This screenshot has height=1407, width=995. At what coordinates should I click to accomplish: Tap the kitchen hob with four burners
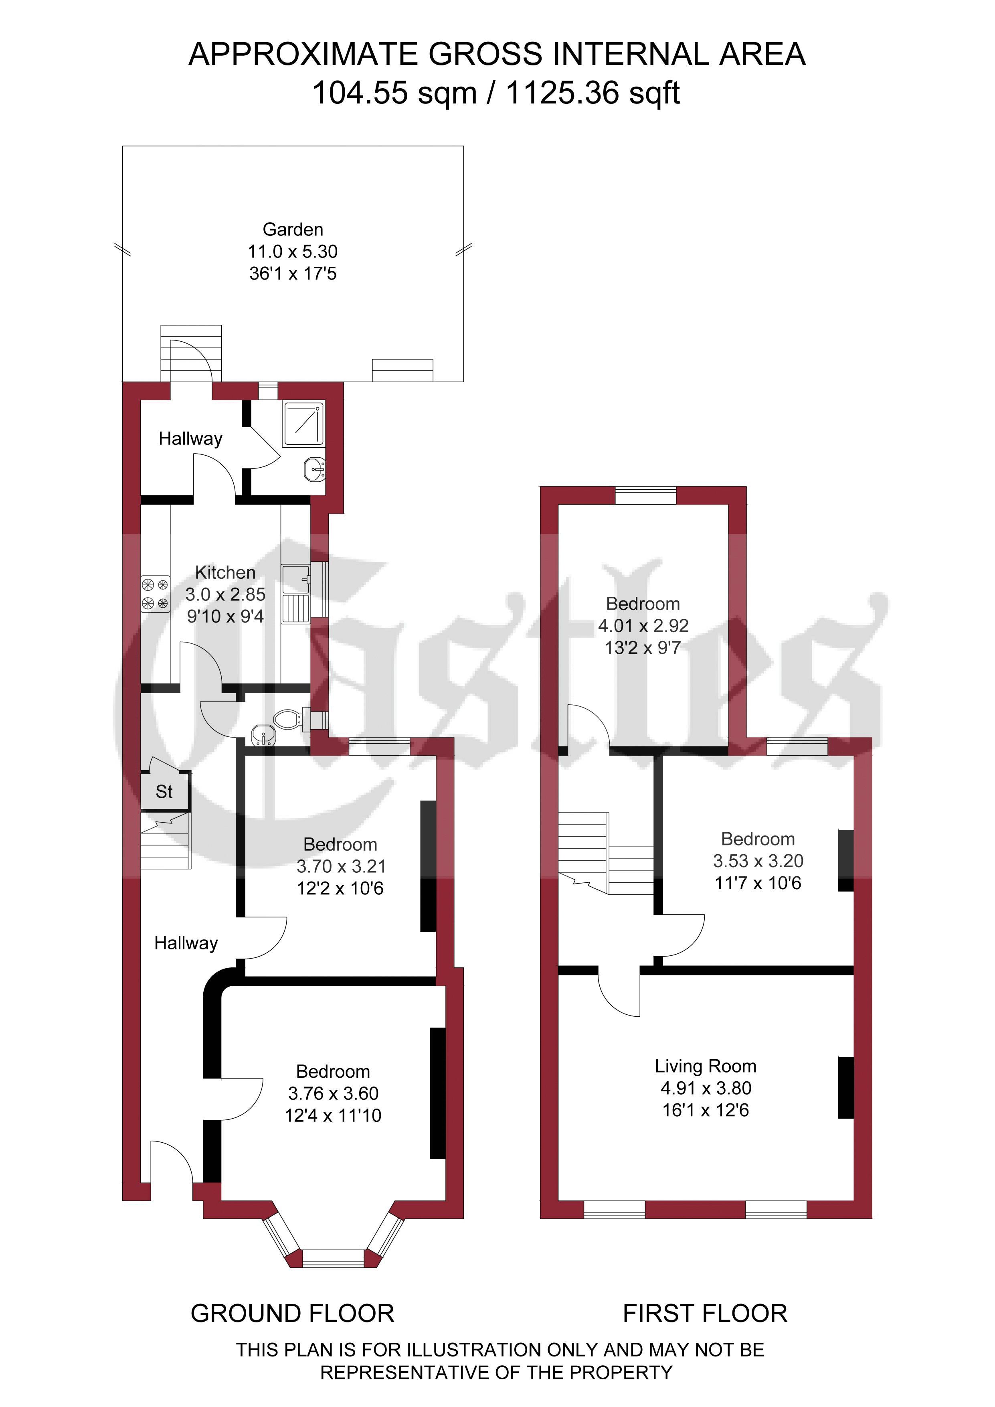coord(155,594)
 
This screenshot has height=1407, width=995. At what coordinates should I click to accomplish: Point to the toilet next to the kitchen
coord(288,719)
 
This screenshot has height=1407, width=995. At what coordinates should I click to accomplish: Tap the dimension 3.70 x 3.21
coord(341,866)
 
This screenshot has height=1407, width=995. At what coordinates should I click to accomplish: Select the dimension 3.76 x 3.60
coord(333,1093)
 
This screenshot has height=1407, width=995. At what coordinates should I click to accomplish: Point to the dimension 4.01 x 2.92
coord(643,626)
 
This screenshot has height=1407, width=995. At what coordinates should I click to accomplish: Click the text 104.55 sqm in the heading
coord(394,93)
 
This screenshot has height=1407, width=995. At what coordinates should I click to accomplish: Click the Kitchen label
coord(225,572)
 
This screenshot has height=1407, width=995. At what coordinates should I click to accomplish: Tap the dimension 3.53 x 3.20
coord(758,861)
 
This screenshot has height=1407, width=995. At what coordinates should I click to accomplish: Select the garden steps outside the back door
coord(190,353)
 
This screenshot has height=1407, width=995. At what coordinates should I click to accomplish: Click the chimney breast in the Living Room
coord(845,1088)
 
